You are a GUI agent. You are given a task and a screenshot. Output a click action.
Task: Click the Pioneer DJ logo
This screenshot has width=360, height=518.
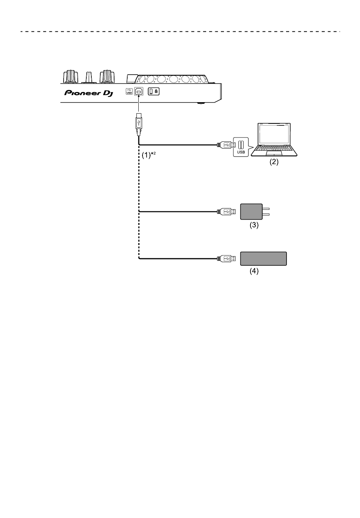(89, 93)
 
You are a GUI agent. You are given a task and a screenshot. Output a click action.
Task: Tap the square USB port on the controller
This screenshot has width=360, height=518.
(139, 92)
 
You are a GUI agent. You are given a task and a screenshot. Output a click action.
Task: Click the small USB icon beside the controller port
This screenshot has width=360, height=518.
(129, 92)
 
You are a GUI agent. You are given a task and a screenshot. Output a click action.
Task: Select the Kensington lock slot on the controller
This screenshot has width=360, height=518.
(153, 92)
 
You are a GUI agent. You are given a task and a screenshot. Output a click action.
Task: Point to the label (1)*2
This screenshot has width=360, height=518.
(149, 155)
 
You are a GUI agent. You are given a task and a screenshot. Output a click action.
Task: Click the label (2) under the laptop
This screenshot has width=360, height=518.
(274, 162)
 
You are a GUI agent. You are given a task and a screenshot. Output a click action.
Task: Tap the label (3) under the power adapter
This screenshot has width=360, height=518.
(254, 225)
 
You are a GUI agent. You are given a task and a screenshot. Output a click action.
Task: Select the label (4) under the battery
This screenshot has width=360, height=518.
(254, 271)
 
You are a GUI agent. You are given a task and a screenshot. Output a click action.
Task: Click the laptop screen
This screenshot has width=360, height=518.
(274, 134)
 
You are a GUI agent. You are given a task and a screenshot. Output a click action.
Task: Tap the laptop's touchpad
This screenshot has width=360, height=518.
(274, 153)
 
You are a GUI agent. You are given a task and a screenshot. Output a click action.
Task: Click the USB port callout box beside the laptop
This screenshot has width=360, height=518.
(241, 147)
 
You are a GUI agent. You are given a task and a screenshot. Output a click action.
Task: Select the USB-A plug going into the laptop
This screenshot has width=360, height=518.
(226, 145)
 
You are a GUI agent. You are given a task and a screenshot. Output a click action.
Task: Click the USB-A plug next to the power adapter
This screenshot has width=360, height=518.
(226, 211)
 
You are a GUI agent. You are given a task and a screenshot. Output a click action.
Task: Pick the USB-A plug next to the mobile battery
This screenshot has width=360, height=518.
(226, 259)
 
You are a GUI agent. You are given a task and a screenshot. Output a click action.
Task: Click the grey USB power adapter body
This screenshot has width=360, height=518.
(251, 212)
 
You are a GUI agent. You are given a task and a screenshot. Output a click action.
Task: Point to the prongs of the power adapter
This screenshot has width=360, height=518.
(266, 212)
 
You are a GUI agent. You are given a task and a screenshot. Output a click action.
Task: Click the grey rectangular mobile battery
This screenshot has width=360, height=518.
(263, 259)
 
